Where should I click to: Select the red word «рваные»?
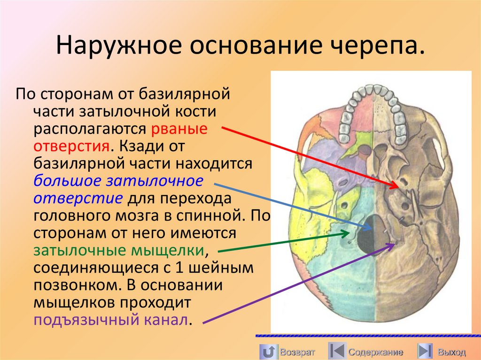[179, 129]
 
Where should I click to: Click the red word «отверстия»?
[71, 146]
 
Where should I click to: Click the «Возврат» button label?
[297, 352]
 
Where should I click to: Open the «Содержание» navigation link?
[375, 352]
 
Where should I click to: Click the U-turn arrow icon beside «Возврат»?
[268, 351]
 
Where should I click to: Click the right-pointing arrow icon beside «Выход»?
[425, 351]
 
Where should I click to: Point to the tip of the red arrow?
[400, 187]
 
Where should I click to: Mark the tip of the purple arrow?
[395, 243]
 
